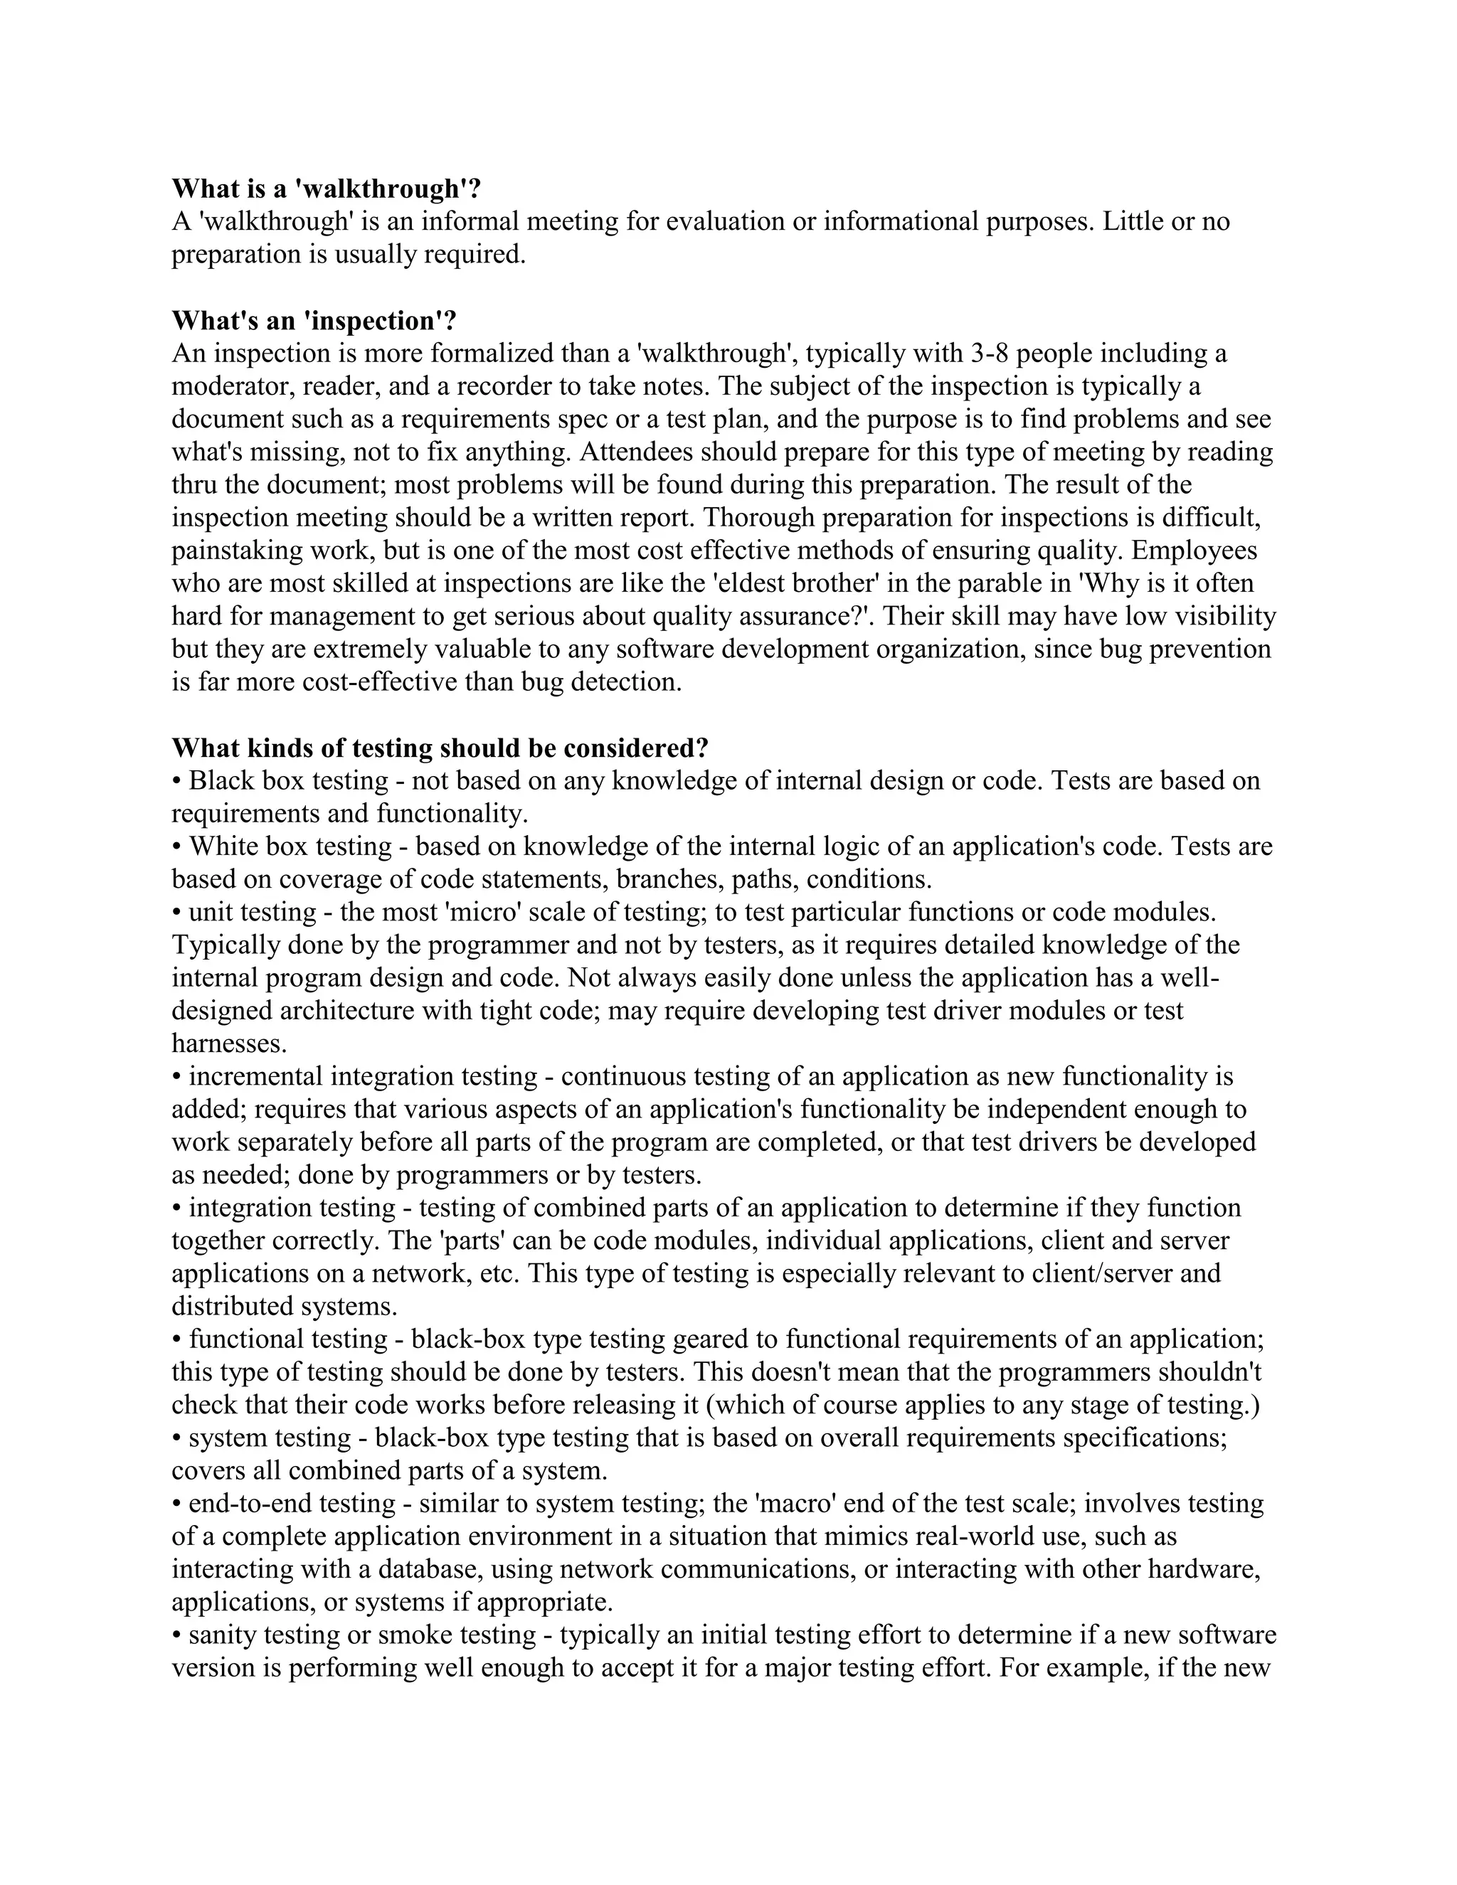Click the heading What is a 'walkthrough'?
[x=325, y=188]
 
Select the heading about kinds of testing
[x=440, y=747]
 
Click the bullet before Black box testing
[x=177, y=781]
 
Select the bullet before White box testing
[x=177, y=846]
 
